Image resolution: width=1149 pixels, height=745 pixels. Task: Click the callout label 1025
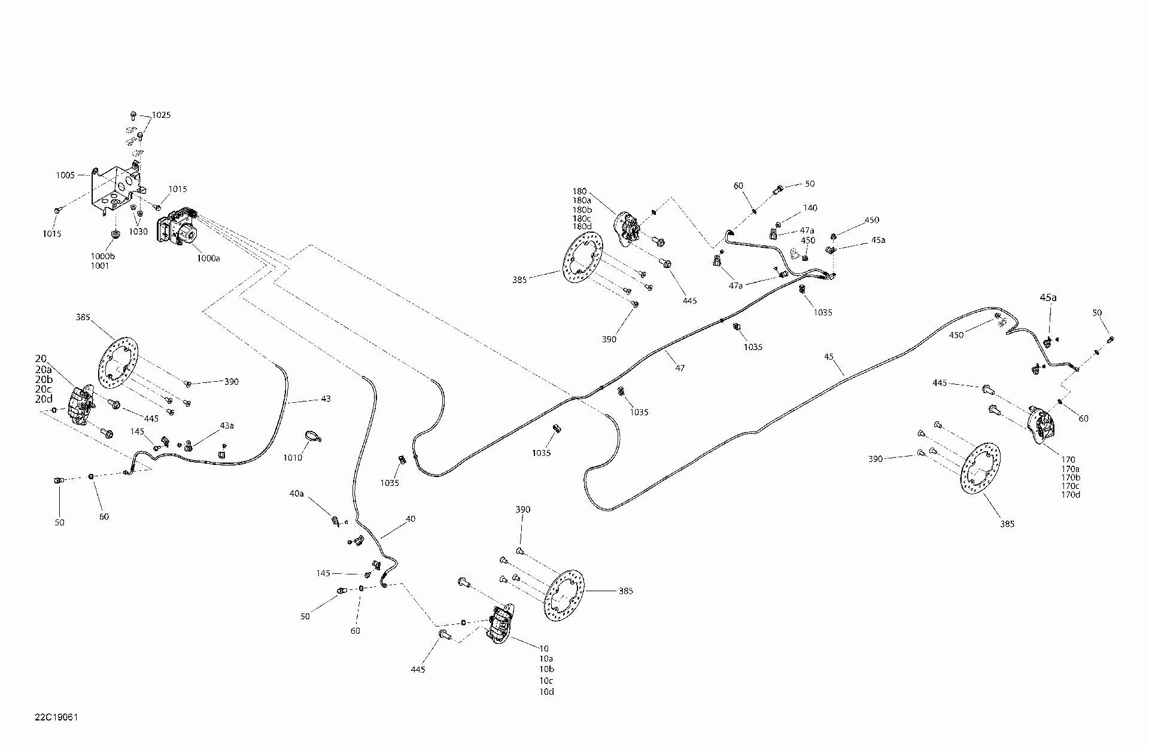pyautogui.click(x=161, y=115)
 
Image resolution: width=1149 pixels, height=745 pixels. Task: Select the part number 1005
pyautogui.click(x=65, y=175)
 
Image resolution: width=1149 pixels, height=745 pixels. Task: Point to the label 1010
pyautogui.click(x=293, y=458)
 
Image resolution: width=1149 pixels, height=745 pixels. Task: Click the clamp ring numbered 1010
pyautogui.click(x=312, y=436)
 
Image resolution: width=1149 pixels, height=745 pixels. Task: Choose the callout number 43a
pyautogui.click(x=227, y=425)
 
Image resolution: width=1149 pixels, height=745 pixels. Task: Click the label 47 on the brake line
pyautogui.click(x=680, y=369)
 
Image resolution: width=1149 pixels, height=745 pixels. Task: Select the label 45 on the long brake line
pyautogui.click(x=829, y=357)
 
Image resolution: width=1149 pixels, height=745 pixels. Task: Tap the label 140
pyautogui.click(x=810, y=208)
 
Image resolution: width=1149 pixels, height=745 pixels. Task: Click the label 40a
pyautogui.click(x=296, y=494)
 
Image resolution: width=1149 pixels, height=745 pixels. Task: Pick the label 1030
pyautogui.click(x=138, y=232)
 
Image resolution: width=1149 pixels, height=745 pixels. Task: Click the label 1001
pyautogui.click(x=100, y=266)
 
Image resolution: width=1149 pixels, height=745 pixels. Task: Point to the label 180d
pyautogui.click(x=582, y=226)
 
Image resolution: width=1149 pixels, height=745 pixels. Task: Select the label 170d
pyautogui.click(x=1071, y=494)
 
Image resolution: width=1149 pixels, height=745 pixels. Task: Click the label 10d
pyautogui.click(x=546, y=692)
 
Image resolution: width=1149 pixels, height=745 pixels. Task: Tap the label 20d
pyautogui.click(x=44, y=399)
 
